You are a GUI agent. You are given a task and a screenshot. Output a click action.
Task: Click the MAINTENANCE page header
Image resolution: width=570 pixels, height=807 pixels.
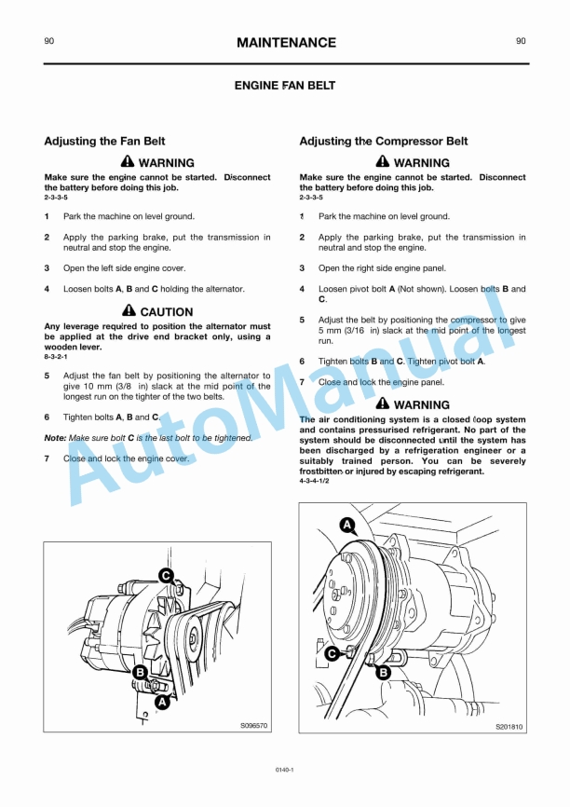pyautogui.click(x=286, y=43)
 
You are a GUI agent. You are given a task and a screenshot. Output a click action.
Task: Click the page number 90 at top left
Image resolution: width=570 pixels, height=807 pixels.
pyautogui.click(x=49, y=41)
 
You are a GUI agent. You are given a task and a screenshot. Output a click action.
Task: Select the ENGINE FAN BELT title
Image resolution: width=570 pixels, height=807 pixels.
pyautogui.click(x=285, y=86)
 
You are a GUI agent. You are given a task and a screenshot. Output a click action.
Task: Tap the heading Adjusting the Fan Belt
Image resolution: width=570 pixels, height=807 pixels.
pyautogui.click(x=105, y=142)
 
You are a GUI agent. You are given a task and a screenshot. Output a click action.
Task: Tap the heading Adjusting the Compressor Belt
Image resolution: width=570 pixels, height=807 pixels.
pyautogui.click(x=384, y=142)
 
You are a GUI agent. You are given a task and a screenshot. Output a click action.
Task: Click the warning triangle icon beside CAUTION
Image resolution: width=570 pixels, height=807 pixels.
pyautogui.click(x=129, y=311)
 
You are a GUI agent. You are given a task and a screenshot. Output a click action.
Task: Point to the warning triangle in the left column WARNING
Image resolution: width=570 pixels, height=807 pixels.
pyautogui.click(x=129, y=162)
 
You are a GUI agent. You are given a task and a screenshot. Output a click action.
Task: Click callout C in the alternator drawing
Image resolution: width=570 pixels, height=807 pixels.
pyautogui.click(x=165, y=576)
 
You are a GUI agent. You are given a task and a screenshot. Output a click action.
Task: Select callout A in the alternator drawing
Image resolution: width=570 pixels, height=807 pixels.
pyautogui.click(x=162, y=703)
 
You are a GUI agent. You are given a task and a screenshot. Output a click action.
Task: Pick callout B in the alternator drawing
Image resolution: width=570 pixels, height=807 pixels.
pyautogui.click(x=141, y=672)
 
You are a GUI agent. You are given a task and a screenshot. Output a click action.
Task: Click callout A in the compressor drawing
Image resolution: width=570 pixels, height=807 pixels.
pyautogui.click(x=347, y=525)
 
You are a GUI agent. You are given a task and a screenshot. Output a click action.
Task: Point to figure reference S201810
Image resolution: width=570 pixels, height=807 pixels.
pyautogui.click(x=509, y=727)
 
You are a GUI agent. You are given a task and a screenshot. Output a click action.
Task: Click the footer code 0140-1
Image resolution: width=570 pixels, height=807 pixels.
pyautogui.click(x=285, y=770)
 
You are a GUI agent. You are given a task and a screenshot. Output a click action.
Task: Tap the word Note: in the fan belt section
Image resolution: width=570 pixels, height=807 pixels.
pyautogui.click(x=55, y=438)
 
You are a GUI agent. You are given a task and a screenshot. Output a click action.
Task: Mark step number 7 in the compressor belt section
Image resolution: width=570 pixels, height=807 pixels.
pyautogui.click(x=302, y=382)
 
